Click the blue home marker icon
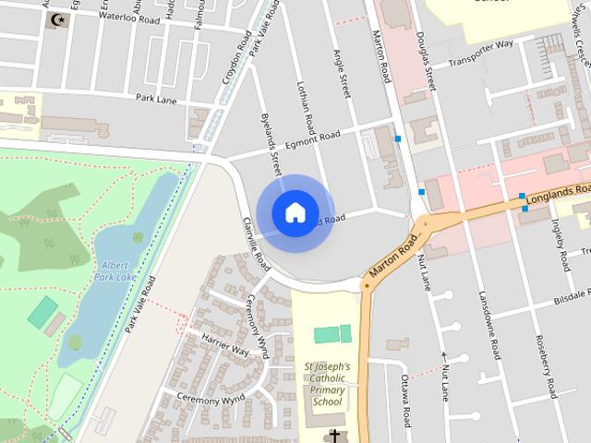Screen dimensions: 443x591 (x=295, y=212)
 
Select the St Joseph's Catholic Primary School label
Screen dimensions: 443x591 (x=327, y=384)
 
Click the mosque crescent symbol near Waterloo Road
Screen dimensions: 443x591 (x=61, y=19)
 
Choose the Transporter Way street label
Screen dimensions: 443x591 (x=480, y=53)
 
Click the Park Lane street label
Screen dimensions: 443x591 (x=155, y=97)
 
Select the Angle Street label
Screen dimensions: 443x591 (x=343, y=74)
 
